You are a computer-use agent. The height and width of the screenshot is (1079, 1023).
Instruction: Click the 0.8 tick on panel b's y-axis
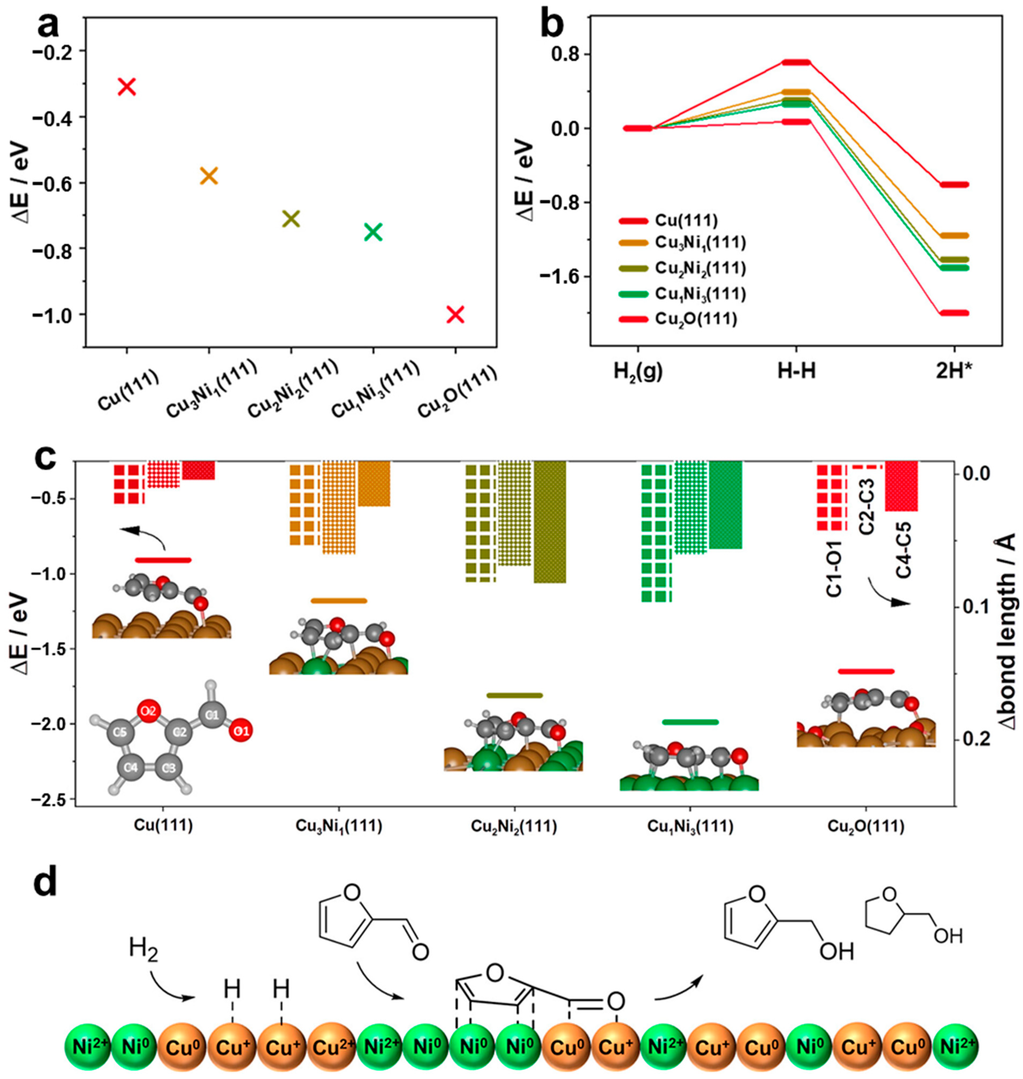pos(565,55)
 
